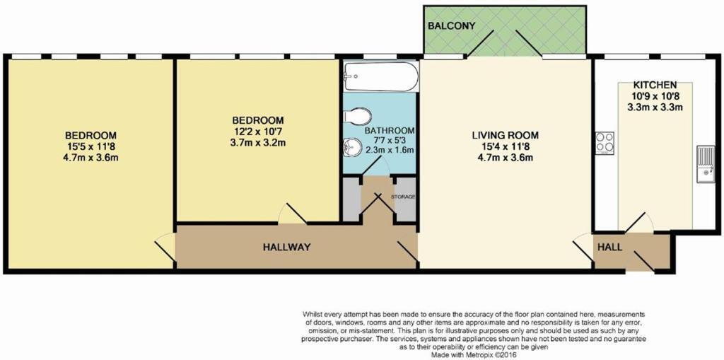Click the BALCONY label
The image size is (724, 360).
pyautogui.click(x=450, y=26)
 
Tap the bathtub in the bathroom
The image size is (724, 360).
pyautogui.click(x=380, y=76)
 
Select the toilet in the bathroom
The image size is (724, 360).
pyautogui.click(x=358, y=117)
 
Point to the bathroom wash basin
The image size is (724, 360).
pyautogui.click(x=351, y=146)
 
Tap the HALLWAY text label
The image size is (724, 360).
pyautogui.click(x=286, y=247)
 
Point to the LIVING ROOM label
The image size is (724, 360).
pyautogui.click(x=506, y=135)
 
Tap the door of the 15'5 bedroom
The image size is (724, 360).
pyautogui.click(x=164, y=248)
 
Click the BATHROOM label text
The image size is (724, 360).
pyautogui.click(x=390, y=131)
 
